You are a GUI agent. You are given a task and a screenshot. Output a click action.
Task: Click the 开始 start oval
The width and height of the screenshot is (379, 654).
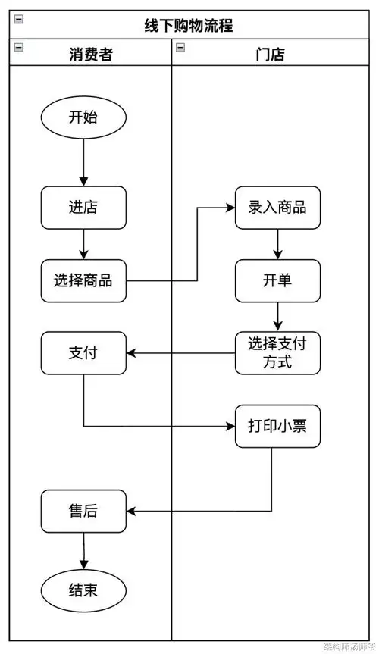[83, 117]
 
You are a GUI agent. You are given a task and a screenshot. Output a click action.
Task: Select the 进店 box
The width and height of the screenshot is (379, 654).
[83, 207]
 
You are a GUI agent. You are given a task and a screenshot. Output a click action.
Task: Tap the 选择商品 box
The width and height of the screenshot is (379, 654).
[83, 280]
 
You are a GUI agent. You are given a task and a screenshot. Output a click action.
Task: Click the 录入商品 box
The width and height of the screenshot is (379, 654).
[277, 207]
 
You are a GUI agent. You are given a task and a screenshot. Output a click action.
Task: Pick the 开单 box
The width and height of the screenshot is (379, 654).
[277, 280]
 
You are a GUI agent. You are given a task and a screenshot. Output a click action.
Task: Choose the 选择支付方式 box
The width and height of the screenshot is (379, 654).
[277, 353]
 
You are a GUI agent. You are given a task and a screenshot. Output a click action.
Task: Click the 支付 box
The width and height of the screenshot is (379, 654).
[83, 353]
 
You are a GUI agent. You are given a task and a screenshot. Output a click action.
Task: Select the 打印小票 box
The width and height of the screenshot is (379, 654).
[277, 426]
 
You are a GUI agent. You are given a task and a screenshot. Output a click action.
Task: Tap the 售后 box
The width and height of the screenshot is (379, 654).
[83, 511]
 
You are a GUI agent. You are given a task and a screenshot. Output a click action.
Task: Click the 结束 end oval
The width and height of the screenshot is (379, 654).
[83, 590]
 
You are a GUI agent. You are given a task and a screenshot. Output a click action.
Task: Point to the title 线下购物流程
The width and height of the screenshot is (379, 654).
[189, 26]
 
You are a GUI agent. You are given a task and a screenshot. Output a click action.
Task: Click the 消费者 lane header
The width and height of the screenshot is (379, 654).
[90, 54]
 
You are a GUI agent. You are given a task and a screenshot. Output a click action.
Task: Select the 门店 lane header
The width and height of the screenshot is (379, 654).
[271, 54]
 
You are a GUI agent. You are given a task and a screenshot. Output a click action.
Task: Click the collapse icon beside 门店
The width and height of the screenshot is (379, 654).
[180, 48]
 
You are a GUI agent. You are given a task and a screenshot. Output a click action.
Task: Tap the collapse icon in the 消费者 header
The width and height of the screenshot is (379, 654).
[19, 48]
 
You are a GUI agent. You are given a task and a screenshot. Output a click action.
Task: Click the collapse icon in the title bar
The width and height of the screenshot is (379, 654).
[19, 19]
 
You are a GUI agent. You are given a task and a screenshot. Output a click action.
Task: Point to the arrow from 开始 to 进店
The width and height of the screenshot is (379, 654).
[83, 162]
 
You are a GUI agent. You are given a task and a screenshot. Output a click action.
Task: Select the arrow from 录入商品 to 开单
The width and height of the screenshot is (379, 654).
[277, 244]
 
